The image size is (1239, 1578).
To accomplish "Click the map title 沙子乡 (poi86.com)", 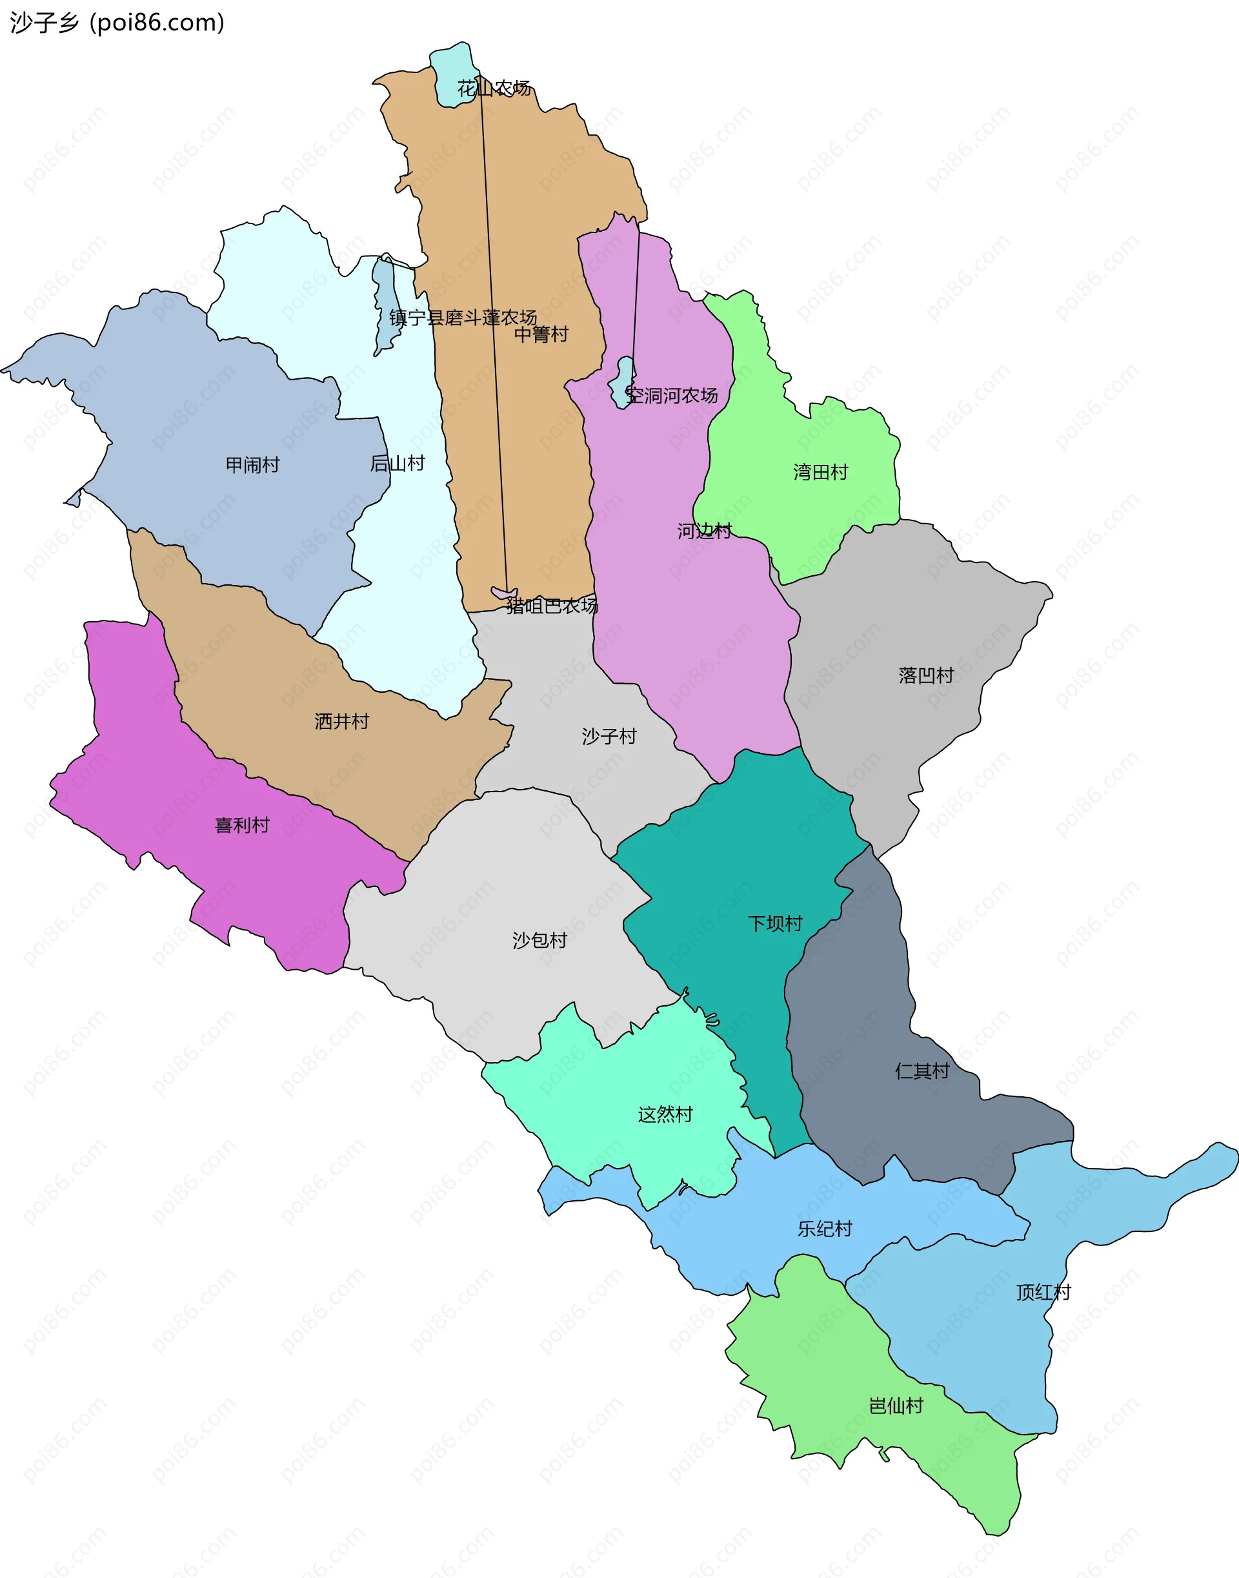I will click(117, 23).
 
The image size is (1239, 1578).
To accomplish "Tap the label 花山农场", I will click(494, 88).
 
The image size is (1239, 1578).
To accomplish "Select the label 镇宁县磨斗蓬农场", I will click(463, 317).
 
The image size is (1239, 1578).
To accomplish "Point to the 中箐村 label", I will click(541, 334).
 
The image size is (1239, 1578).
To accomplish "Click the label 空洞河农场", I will click(672, 396).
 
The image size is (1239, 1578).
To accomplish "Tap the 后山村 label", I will click(398, 463).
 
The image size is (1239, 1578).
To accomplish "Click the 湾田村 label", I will click(820, 473).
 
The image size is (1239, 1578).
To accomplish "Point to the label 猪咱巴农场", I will click(552, 606).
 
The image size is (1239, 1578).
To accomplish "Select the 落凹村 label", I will click(925, 676).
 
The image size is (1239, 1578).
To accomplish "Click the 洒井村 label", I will click(341, 721).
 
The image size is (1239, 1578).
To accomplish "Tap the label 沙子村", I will click(609, 737).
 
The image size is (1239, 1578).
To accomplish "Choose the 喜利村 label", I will click(242, 825).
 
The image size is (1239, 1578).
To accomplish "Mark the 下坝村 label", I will click(775, 924).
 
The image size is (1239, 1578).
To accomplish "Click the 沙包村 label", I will click(539, 941).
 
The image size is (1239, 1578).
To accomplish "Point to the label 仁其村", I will click(922, 1071).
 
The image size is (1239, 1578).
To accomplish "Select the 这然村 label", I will click(665, 1114).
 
